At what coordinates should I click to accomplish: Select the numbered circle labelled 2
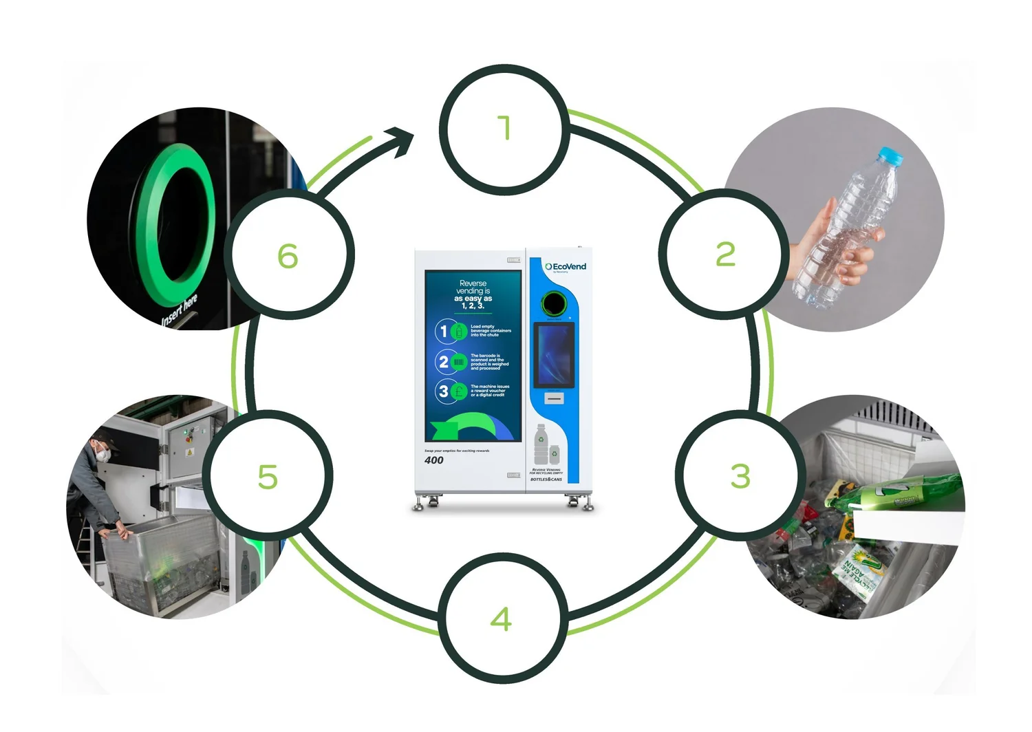coord(724,255)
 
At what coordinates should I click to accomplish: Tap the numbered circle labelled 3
coord(739,475)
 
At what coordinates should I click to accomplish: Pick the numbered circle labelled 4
coord(502,618)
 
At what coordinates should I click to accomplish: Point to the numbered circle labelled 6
coord(288,255)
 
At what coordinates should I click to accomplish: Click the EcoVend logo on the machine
coord(566,267)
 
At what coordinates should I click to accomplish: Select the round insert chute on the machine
coord(554,303)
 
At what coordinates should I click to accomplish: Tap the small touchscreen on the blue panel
coord(554,354)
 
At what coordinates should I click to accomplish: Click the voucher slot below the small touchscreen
coord(554,398)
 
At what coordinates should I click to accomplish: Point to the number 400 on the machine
coord(434,460)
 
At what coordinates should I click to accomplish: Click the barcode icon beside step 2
coord(459,362)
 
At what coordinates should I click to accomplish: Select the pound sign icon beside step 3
coord(459,391)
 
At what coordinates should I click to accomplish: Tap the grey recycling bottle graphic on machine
coord(541,445)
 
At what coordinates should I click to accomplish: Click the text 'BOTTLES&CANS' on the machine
coord(546,479)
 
